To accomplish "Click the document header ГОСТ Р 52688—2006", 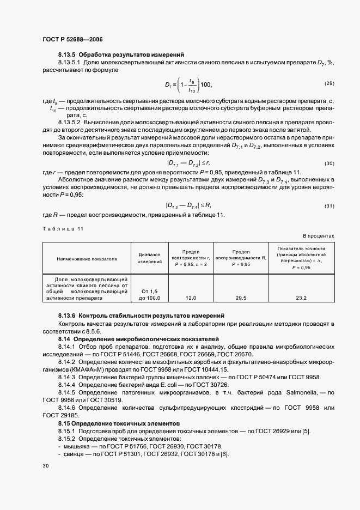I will pyautogui.click(x=72, y=39).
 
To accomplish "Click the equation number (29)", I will pyautogui.click(x=328, y=83).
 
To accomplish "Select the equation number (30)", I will pyautogui.click(x=328, y=163).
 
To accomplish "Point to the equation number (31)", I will pyautogui.click(x=328, y=205).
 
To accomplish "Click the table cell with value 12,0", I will pyautogui.click(x=191, y=298).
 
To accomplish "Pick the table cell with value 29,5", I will pyautogui.click(x=241, y=298).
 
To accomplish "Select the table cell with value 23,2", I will pyautogui.click(x=301, y=298).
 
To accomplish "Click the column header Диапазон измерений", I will pyautogui.click(x=150, y=258).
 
